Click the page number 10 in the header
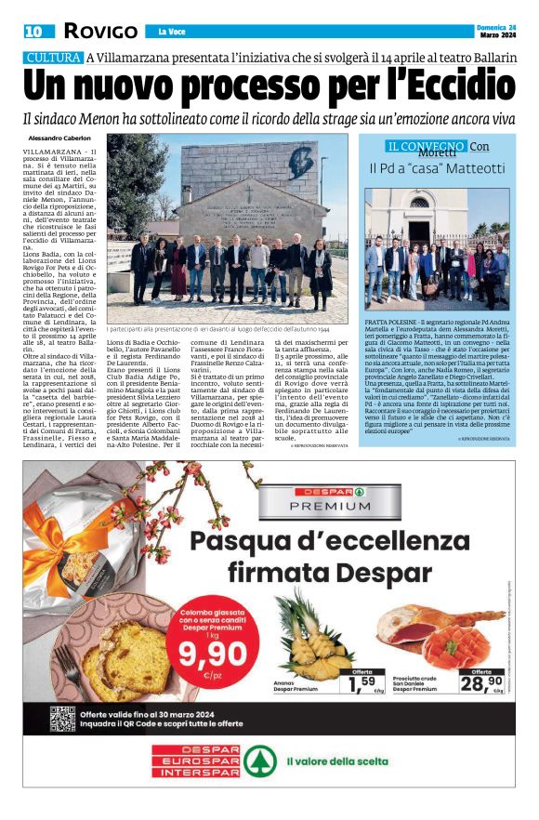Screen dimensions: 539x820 [34, 32]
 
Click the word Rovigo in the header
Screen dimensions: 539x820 [101, 32]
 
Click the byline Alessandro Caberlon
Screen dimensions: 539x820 [59, 139]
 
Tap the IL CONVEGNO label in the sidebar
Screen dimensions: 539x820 [427, 147]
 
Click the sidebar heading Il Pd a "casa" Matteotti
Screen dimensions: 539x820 [437, 168]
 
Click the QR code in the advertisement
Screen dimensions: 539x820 [63, 717]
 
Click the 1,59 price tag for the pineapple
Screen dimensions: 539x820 [362, 685]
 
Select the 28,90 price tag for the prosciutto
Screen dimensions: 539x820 [480, 684]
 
